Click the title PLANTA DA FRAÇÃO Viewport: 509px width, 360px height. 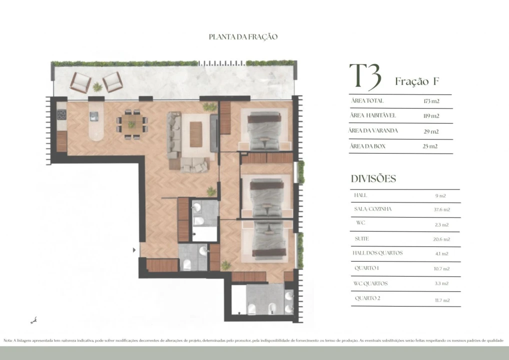point(243,37)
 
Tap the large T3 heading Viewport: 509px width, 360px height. point(365,76)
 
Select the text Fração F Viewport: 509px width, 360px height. point(416,81)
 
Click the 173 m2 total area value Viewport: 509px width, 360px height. point(430,101)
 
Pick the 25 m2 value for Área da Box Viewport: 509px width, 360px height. point(430,146)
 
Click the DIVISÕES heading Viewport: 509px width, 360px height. point(373,179)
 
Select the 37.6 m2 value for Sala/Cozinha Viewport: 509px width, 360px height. point(442,210)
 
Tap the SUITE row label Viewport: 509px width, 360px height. point(361,239)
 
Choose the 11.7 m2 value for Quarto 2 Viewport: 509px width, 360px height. point(442,300)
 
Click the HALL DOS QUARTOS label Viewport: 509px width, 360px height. point(377,253)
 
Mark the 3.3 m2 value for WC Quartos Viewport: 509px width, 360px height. point(442,284)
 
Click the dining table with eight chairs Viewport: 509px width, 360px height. point(132,124)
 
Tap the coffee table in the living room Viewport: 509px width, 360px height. point(196,134)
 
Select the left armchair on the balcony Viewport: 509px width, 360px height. point(80,82)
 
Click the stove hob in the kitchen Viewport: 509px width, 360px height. point(62,114)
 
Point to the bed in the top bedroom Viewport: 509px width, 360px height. point(264,131)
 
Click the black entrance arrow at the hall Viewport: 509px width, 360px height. point(134,249)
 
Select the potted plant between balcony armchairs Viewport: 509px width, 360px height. point(97,87)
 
